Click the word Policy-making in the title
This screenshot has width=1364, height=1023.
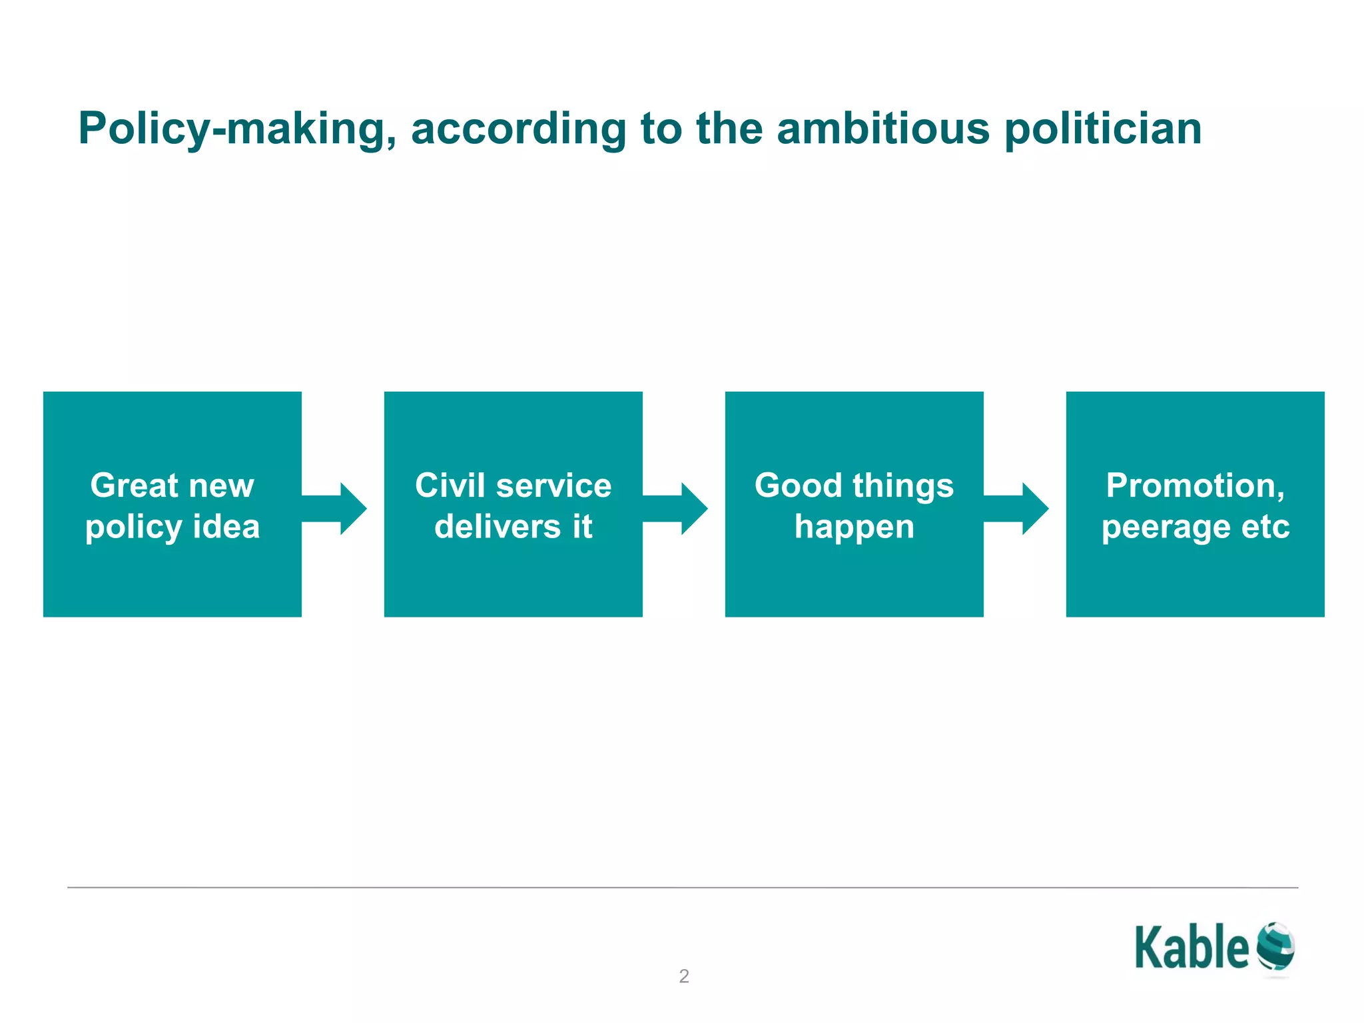237,129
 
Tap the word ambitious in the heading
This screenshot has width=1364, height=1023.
883,129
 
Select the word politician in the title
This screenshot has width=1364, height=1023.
1103,129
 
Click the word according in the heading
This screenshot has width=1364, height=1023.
518,129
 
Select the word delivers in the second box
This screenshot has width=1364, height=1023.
498,527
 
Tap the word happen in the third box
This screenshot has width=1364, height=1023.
854,527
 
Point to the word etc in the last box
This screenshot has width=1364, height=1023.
1265,527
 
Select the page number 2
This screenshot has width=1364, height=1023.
684,976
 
